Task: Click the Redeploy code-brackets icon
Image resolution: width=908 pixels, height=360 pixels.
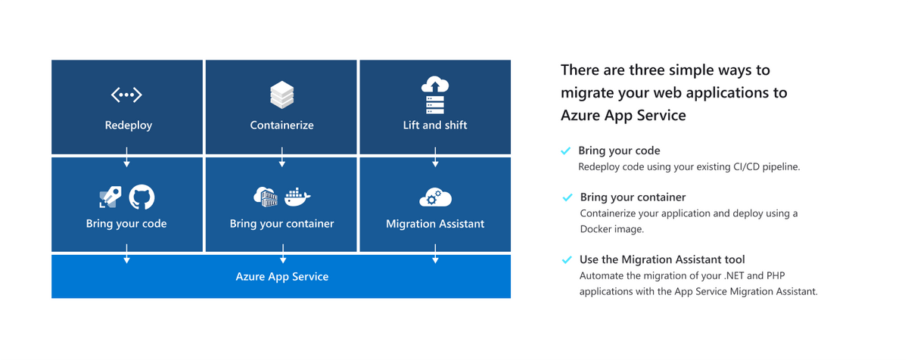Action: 126,95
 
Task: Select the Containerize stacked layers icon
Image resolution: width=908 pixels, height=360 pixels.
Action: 281,95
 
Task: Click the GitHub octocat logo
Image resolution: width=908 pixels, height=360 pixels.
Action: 141,197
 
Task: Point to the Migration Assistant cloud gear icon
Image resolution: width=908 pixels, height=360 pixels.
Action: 435,198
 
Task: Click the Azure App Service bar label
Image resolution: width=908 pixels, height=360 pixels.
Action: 281,277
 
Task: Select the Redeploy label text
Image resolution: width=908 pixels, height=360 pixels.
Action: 128,125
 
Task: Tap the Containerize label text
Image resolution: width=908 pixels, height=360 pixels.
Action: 281,125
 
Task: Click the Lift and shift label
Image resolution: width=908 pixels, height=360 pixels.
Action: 435,125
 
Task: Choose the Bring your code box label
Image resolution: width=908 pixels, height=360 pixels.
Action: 126,224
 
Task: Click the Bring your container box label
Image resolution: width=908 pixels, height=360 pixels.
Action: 281,224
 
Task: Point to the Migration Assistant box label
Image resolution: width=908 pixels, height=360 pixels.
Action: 435,224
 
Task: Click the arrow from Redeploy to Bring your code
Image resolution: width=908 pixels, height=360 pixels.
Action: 127,160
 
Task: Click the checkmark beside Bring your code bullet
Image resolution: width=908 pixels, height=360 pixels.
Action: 565,151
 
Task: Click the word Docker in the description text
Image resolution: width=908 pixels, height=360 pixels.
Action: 595,229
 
